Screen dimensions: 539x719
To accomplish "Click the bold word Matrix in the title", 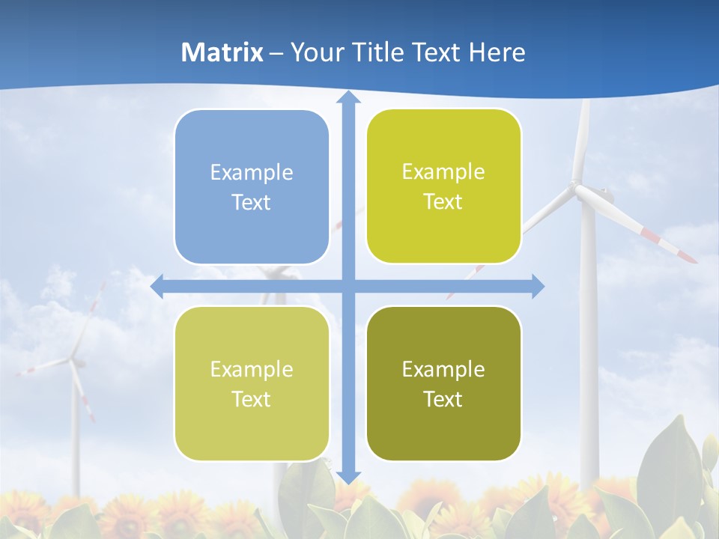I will [222, 52].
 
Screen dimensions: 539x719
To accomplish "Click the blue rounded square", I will [252, 186].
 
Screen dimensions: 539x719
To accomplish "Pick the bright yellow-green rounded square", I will [443, 186].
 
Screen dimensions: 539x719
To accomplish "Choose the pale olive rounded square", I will [252, 383].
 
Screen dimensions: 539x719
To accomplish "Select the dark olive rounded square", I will [443, 383].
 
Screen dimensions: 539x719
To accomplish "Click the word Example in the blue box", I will [252, 173].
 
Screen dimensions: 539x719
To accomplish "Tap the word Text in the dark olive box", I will [443, 399].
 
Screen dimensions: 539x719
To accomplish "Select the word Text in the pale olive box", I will [252, 399].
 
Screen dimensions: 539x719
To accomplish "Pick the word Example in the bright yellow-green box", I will [443, 172].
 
